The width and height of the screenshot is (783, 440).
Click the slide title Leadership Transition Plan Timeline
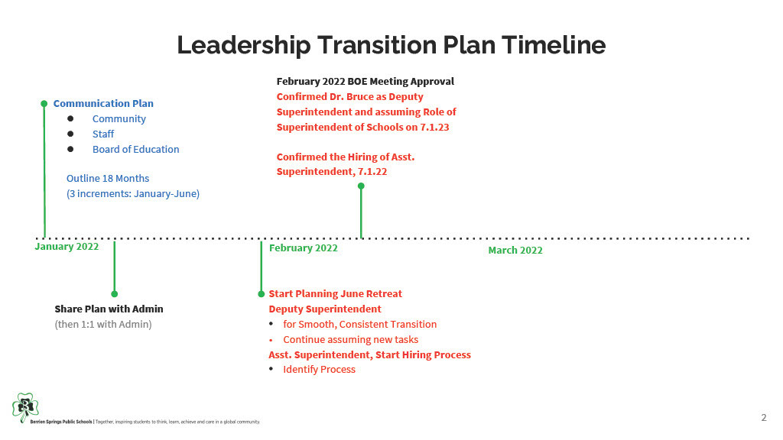(391, 45)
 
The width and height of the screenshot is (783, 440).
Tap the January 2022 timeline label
(67, 247)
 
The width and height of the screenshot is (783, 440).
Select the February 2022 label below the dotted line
(303, 248)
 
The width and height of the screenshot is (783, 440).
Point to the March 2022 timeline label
(515, 251)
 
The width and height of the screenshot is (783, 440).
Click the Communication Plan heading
(103, 104)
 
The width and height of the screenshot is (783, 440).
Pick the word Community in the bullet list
(119, 119)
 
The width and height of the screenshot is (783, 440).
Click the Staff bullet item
(103, 134)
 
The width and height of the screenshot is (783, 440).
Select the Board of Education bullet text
(136, 149)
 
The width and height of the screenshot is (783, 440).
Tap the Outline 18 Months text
(108, 179)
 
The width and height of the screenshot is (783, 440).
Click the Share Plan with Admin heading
(109, 309)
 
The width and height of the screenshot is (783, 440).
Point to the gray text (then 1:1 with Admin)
(103, 324)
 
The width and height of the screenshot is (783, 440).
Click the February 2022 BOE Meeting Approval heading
(366, 81)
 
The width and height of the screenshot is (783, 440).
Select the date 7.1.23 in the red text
(434, 128)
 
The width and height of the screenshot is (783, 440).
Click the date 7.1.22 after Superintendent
(372, 172)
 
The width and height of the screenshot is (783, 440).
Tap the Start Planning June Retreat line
(335, 294)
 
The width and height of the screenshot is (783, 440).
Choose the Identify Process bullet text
(319, 370)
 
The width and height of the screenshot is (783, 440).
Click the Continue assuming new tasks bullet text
(350, 340)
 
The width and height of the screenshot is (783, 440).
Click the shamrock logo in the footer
(25, 408)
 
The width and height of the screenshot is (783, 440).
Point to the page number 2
(764, 418)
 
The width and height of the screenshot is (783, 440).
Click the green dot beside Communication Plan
(44, 104)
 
